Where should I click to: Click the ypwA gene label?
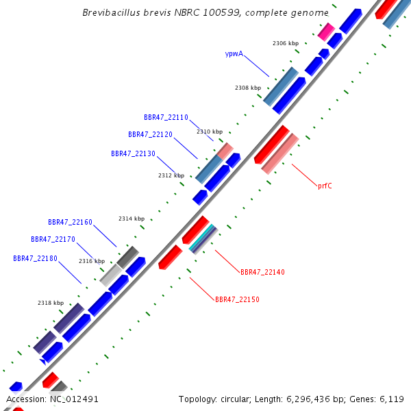234,53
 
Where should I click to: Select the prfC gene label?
325,186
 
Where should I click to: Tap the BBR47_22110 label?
166,118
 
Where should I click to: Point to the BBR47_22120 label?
150,135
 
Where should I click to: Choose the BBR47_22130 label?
133,154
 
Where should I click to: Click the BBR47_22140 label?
262,273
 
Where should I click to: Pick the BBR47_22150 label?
237,300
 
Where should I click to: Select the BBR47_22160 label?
70,223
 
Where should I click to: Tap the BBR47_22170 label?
53,240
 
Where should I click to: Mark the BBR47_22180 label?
35,259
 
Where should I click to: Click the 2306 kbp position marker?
286,44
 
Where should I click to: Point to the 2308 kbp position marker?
248,88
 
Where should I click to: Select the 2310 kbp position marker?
210,132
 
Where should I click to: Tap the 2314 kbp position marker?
132,219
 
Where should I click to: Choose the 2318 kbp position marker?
51,303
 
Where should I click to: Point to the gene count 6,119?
391,399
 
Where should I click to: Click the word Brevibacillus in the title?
109,13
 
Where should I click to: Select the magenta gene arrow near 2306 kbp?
326,32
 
